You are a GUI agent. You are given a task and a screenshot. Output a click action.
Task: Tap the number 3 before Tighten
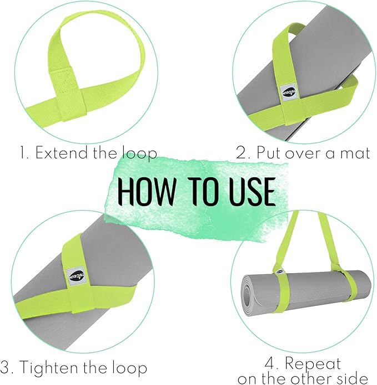pyautogui.click(x=6, y=367)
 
